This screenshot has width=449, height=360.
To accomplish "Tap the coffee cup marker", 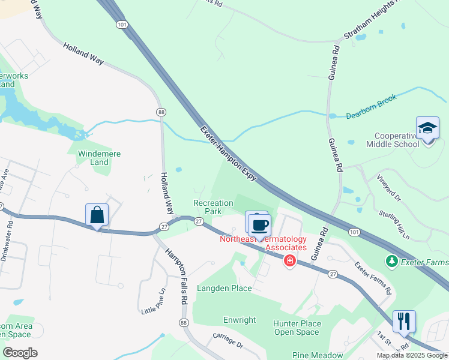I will click(x=259, y=226).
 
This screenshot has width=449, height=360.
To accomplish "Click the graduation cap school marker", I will click(x=428, y=129).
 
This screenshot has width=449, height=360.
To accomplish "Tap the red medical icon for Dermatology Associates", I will click(x=290, y=260).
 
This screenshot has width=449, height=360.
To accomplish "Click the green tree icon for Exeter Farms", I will click(x=392, y=261).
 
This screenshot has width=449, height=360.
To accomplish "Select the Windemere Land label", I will click(x=99, y=158).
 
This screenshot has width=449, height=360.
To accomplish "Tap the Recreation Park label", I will click(x=213, y=207).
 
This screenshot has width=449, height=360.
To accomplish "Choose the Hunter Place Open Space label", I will click(x=297, y=328).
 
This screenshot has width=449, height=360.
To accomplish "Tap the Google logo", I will click(x=20, y=353).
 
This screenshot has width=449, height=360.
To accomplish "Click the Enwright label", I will click(x=240, y=320).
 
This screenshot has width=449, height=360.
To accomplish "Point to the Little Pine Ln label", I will click(x=153, y=302).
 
